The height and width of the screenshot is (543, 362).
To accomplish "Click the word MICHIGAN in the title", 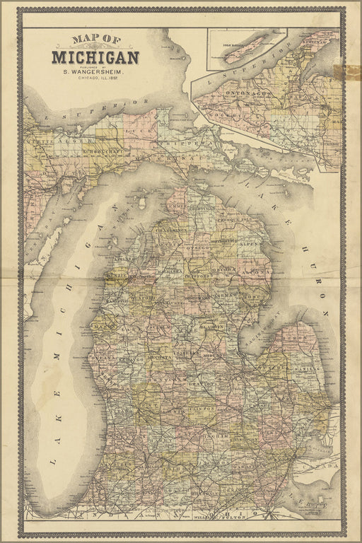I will pos(95,57).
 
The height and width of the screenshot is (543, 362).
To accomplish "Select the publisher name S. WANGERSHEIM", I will pos(95,71).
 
